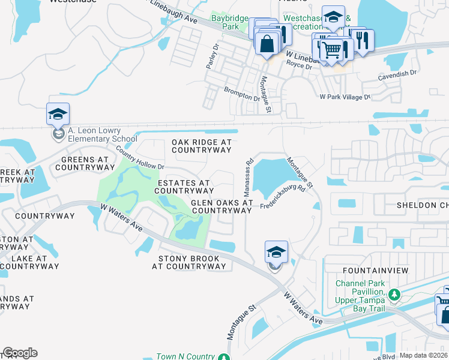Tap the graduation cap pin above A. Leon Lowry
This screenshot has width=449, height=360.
pos(58,114)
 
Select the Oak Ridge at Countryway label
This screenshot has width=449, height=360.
pos(201,146)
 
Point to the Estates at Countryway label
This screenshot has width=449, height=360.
pos(183,186)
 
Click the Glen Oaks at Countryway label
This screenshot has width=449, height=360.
pos(221,206)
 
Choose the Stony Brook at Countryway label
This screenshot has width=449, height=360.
pos(192,262)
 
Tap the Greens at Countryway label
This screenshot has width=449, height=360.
pos(84,163)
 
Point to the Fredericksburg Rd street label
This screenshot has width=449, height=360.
pos(283,197)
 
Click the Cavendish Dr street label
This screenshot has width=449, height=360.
pos(397,74)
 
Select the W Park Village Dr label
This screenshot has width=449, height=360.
pos(345,96)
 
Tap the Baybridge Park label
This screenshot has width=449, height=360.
pos(229,23)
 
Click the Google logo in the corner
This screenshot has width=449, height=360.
pos(20,353)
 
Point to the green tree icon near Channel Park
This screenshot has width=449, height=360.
pos(394,295)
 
